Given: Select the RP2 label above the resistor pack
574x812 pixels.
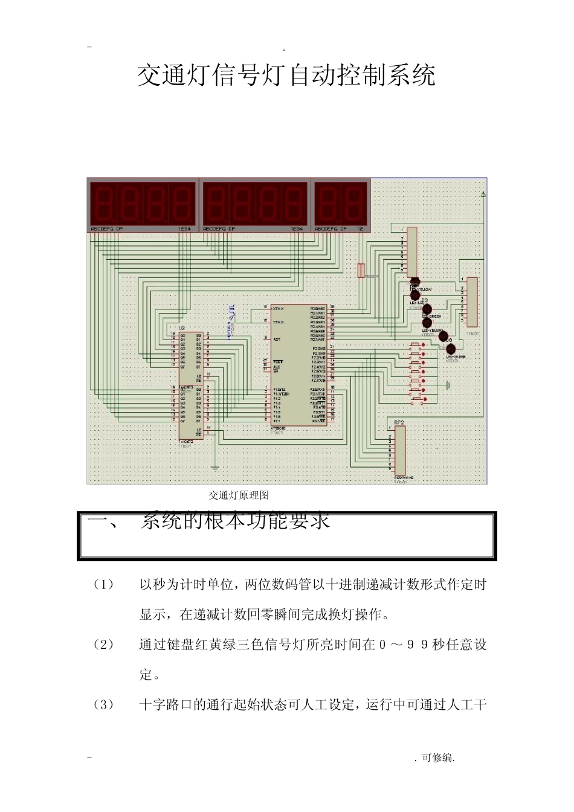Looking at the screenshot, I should [399, 422].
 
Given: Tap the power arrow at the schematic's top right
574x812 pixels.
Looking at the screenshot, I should [483, 195].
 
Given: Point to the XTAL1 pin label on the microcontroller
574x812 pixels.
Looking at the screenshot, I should [279, 309].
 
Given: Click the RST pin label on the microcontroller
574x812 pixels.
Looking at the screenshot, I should [277, 340].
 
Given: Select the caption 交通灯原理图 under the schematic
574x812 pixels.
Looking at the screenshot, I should [239, 495].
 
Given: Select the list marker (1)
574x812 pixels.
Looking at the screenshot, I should [103, 585].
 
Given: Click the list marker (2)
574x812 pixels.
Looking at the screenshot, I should [103, 645].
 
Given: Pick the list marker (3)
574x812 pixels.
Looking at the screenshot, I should [103, 704].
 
